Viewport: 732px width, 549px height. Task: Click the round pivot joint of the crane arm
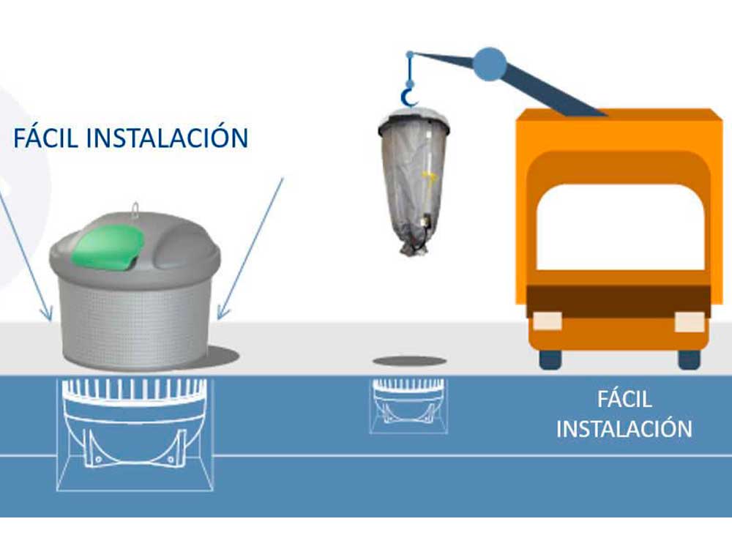[x=489, y=64]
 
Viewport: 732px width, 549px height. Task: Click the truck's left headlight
[x=547, y=321]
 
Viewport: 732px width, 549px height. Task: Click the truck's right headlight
[x=690, y=321]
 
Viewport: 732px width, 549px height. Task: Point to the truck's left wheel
[x=550, y=359]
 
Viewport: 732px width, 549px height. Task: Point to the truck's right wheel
[x=689, y=359]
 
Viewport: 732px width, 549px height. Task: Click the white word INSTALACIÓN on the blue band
[x=624, y=428]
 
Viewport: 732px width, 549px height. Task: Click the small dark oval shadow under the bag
[x=409, y=361]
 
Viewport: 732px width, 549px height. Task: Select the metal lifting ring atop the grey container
[x=135, y=209]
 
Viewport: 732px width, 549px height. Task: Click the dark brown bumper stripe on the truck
[x=619, y=302]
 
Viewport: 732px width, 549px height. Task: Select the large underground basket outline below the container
[x=135, y=434]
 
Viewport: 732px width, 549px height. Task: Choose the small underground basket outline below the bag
[x=409, y=406]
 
